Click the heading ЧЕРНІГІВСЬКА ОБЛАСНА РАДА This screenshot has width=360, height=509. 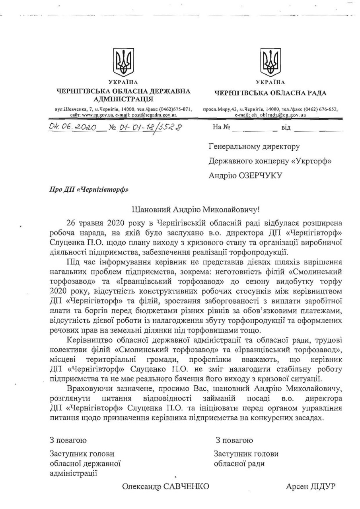point(270,93)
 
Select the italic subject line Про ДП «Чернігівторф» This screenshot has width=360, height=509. point(89,189)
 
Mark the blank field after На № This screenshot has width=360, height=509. point(255,128)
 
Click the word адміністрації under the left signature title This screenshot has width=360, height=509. point(74,473)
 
